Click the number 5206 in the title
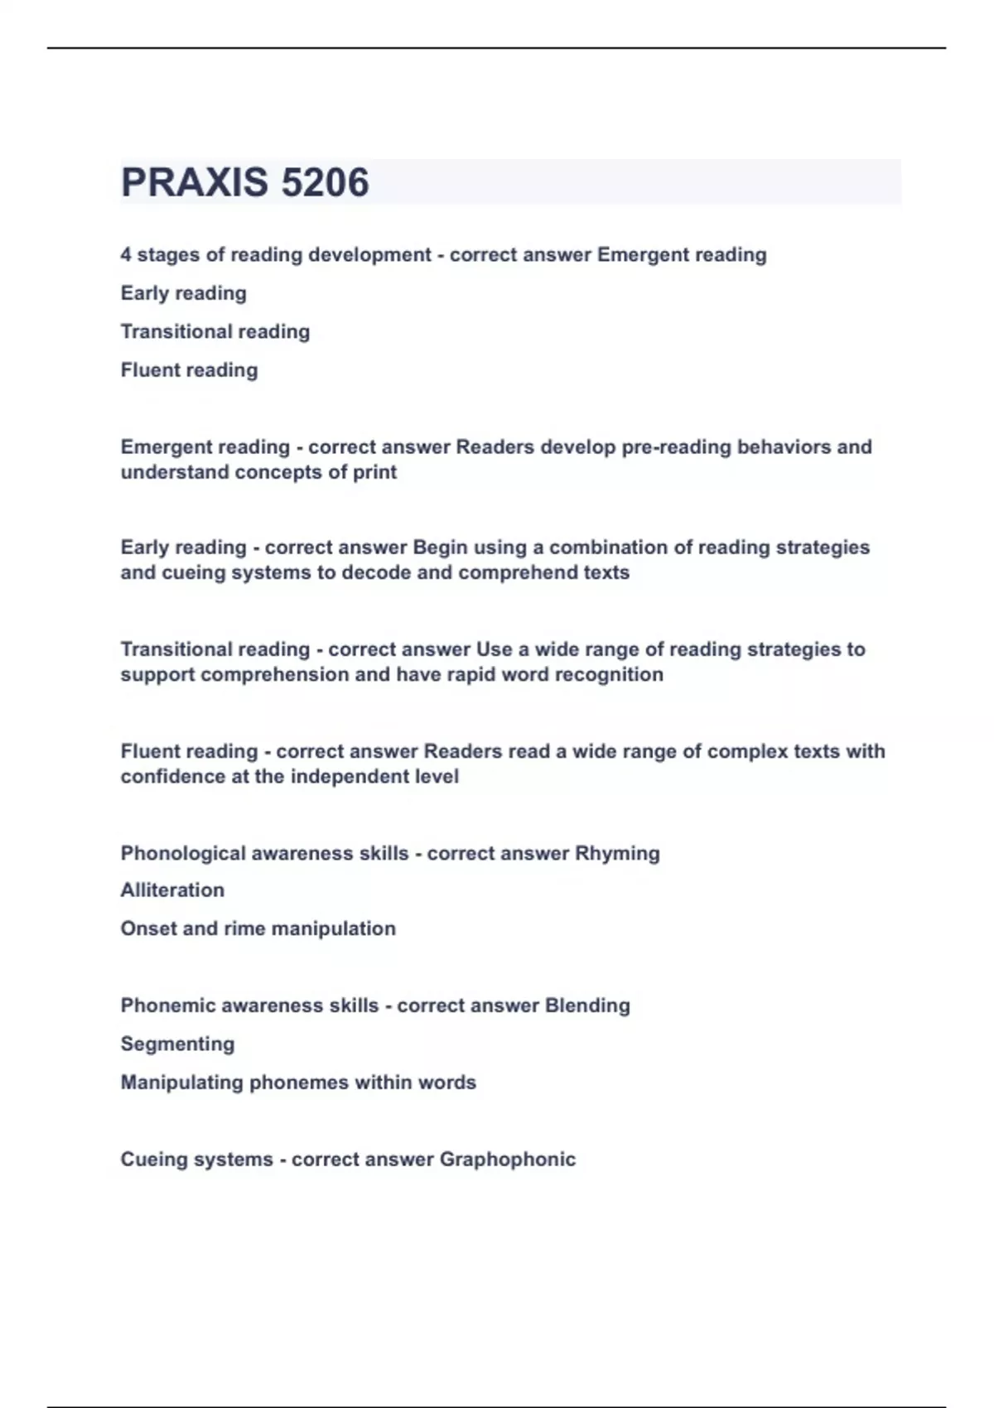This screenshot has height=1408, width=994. pyautogui.click(x=325, y=182)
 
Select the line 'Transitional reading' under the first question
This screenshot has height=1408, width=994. pyautogui.click(x=215, y=331)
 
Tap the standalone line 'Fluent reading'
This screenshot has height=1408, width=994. pyautogui.click(x=189, y=370)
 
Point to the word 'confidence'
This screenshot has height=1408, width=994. pyautogui.click(x=169, y=777)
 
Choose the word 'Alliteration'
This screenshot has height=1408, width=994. pyautogui.click(x=172, y=890)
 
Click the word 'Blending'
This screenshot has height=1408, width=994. pyautogui.click(x=587, y=1005)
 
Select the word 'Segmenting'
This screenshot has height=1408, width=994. pyautogui.click(x=177, y=1044)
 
